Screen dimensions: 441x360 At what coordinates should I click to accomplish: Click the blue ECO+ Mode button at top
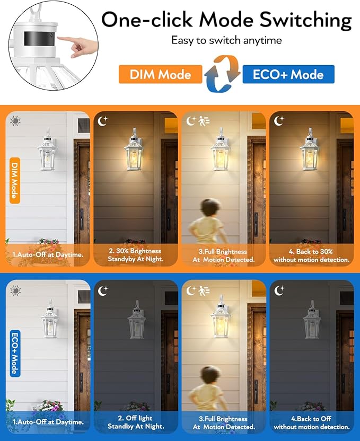(288, 74)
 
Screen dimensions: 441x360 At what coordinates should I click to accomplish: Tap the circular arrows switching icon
(222, 74)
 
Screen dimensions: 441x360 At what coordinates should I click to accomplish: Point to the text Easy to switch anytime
(226, 40)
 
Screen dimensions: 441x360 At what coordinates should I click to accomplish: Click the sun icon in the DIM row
(15, 121)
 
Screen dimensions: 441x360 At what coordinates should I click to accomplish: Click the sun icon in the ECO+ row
(15, 290)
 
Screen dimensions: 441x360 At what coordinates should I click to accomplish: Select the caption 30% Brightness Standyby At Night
(136, 255)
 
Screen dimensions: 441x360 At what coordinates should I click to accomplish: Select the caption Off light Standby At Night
(136, 422)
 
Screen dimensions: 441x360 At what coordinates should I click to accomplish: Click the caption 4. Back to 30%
(311, 255)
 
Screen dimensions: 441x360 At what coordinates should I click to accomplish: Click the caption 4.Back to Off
(311, 422)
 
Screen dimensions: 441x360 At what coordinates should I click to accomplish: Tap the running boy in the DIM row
(208, 223)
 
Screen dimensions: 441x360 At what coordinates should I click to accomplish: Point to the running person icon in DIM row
(204, 121)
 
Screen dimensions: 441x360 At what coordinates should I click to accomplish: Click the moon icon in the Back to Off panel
(279, 290)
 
